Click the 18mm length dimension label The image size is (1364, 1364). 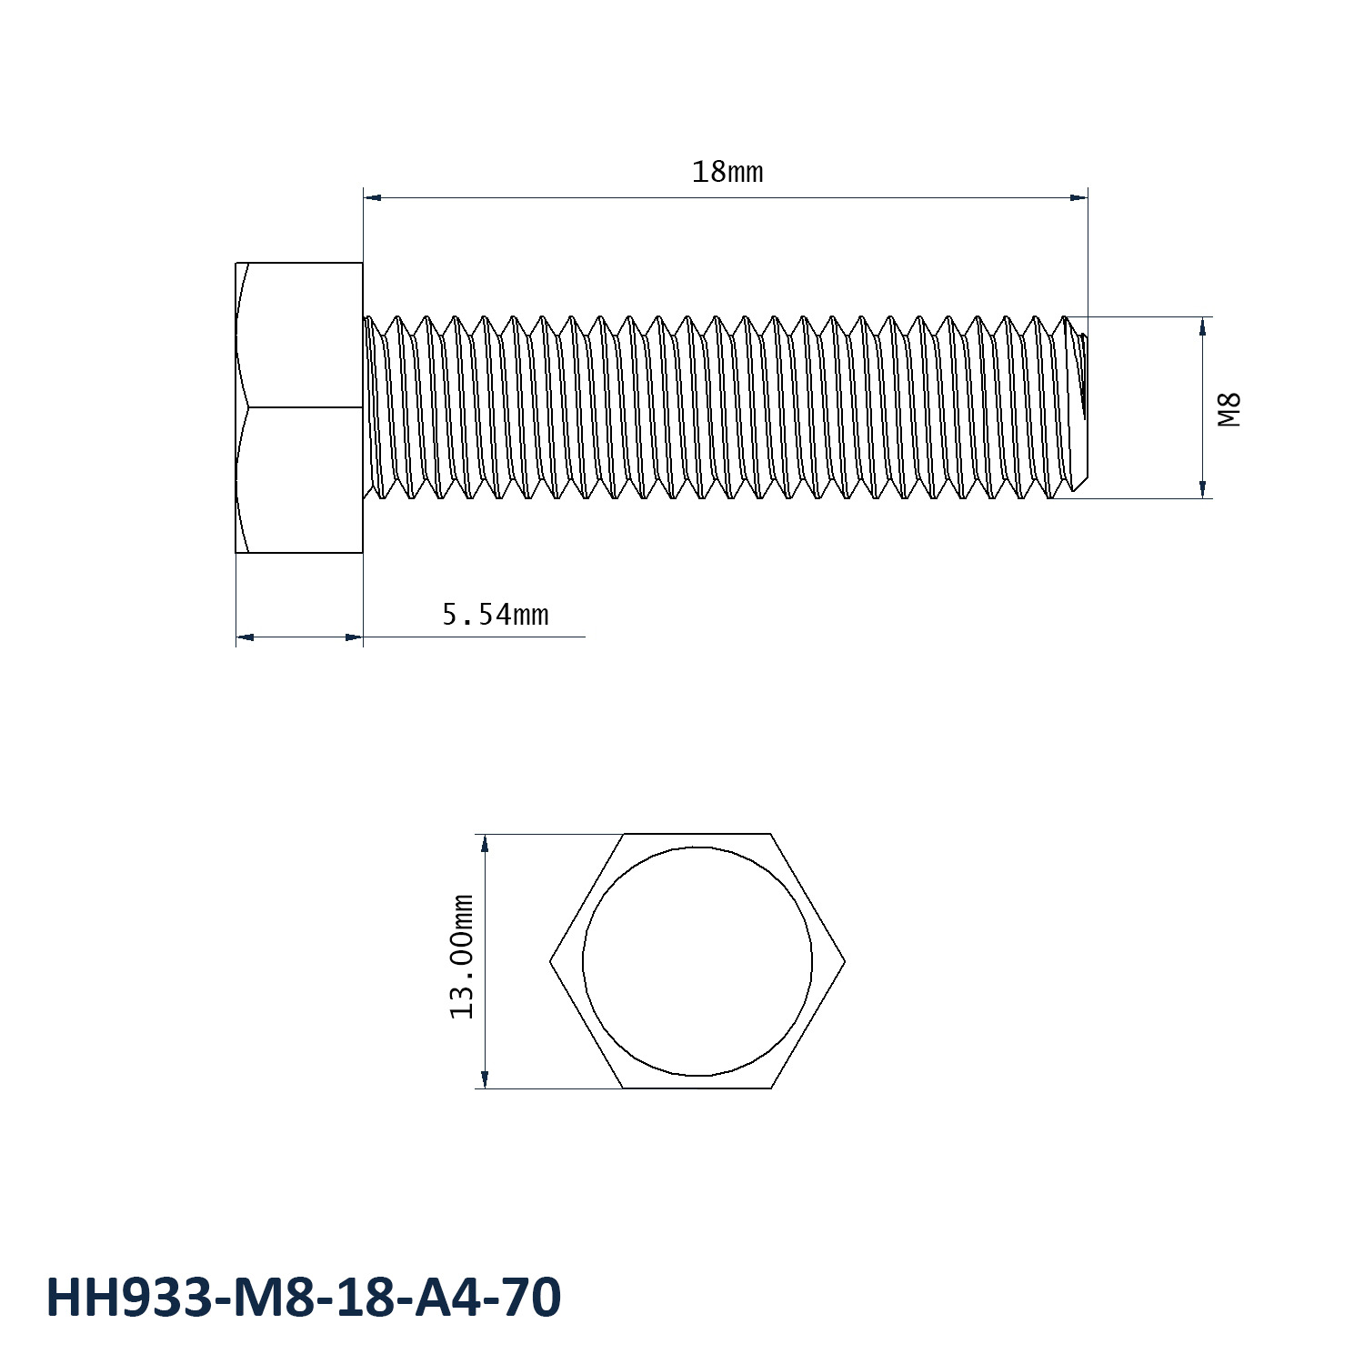pos(727,172)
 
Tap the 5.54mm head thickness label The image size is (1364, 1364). pos(496,616)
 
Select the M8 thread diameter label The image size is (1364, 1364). pos(1229,409)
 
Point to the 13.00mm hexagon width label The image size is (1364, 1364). pos(463,957)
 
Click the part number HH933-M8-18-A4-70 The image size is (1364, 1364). pos(304,1297)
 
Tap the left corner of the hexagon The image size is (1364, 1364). pos(550,961)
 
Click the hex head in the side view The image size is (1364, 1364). pos(299,407)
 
